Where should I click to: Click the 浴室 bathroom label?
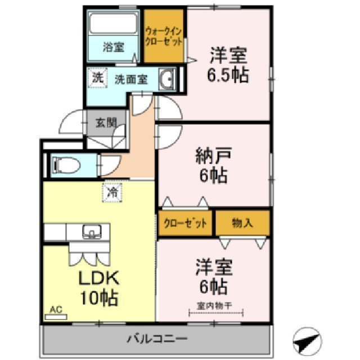click(113, 47)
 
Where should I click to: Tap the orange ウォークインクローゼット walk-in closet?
click(164, 36)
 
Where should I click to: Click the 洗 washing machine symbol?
click(97, 78)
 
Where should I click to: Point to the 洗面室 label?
click(130, 79)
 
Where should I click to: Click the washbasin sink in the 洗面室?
click(166, 79)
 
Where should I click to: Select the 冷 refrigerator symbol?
click(112, 192)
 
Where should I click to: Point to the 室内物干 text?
click(212, 305)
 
